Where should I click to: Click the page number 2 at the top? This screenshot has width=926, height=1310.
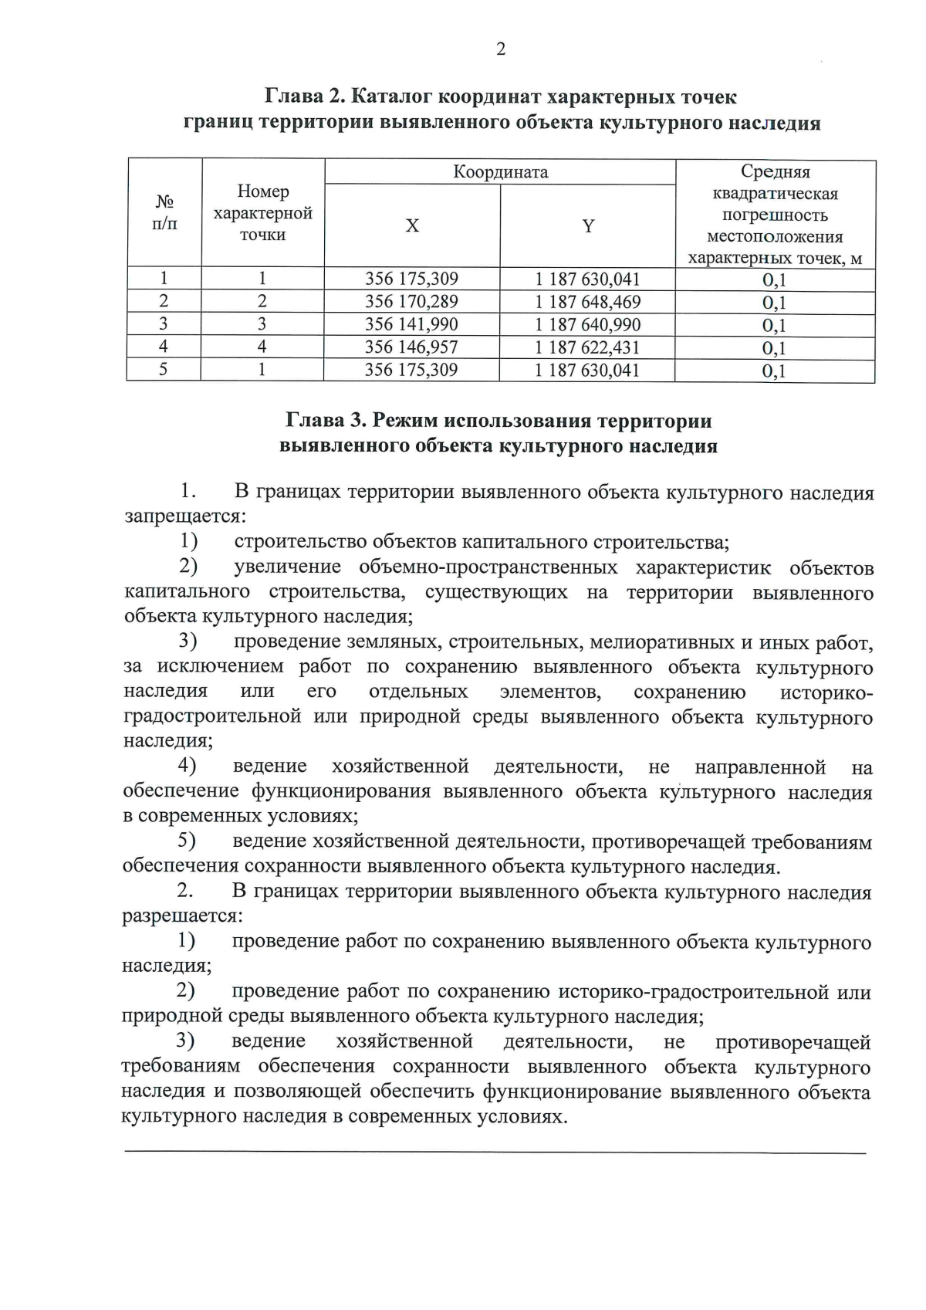[501, 50]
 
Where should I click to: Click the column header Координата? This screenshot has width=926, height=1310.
[500, 172]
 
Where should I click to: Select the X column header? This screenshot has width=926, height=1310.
[412, 226]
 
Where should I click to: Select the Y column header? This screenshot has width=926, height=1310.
[588, 226]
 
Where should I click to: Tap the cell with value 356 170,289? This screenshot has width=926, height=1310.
[411, 302]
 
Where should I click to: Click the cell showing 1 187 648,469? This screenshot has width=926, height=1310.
[588, 302]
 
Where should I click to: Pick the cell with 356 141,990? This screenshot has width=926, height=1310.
[411, 325]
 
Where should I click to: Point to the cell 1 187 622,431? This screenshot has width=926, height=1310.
[588, 347]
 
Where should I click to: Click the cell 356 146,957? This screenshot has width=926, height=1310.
[411, 347]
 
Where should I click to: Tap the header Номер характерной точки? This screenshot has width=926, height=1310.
[263, 213]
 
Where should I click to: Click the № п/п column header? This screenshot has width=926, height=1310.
[164, 213]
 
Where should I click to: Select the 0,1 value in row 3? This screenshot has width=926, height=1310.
[774, 326]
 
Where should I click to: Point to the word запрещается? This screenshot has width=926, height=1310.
[185, 516]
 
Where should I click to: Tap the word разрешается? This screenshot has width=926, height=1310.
[182, 916]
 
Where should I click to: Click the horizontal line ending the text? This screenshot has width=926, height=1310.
[494, 1153]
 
